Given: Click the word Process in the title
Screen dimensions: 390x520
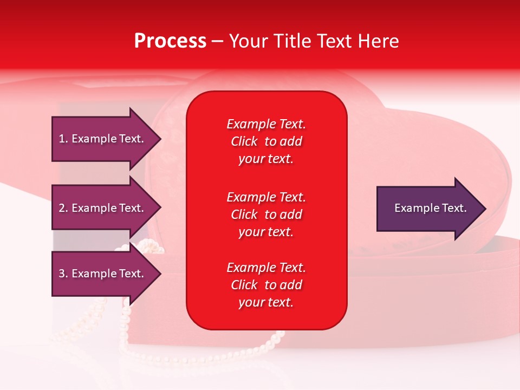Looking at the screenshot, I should (170, 41).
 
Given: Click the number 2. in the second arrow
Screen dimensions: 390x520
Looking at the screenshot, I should (63, 208).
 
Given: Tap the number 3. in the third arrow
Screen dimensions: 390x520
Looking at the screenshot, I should (63, 274).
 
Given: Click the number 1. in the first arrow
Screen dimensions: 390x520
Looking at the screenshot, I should (63, 139).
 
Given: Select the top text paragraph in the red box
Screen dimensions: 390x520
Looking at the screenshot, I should (266, 141).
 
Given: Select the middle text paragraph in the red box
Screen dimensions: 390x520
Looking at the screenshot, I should (266, 214).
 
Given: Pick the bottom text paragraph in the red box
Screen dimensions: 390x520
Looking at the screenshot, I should (266, 285).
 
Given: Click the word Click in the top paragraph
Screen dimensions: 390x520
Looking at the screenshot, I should (244, 141).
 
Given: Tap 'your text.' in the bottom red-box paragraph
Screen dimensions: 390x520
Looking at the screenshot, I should (266, 303).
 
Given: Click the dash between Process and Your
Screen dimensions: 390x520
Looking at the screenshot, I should (217, 42).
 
